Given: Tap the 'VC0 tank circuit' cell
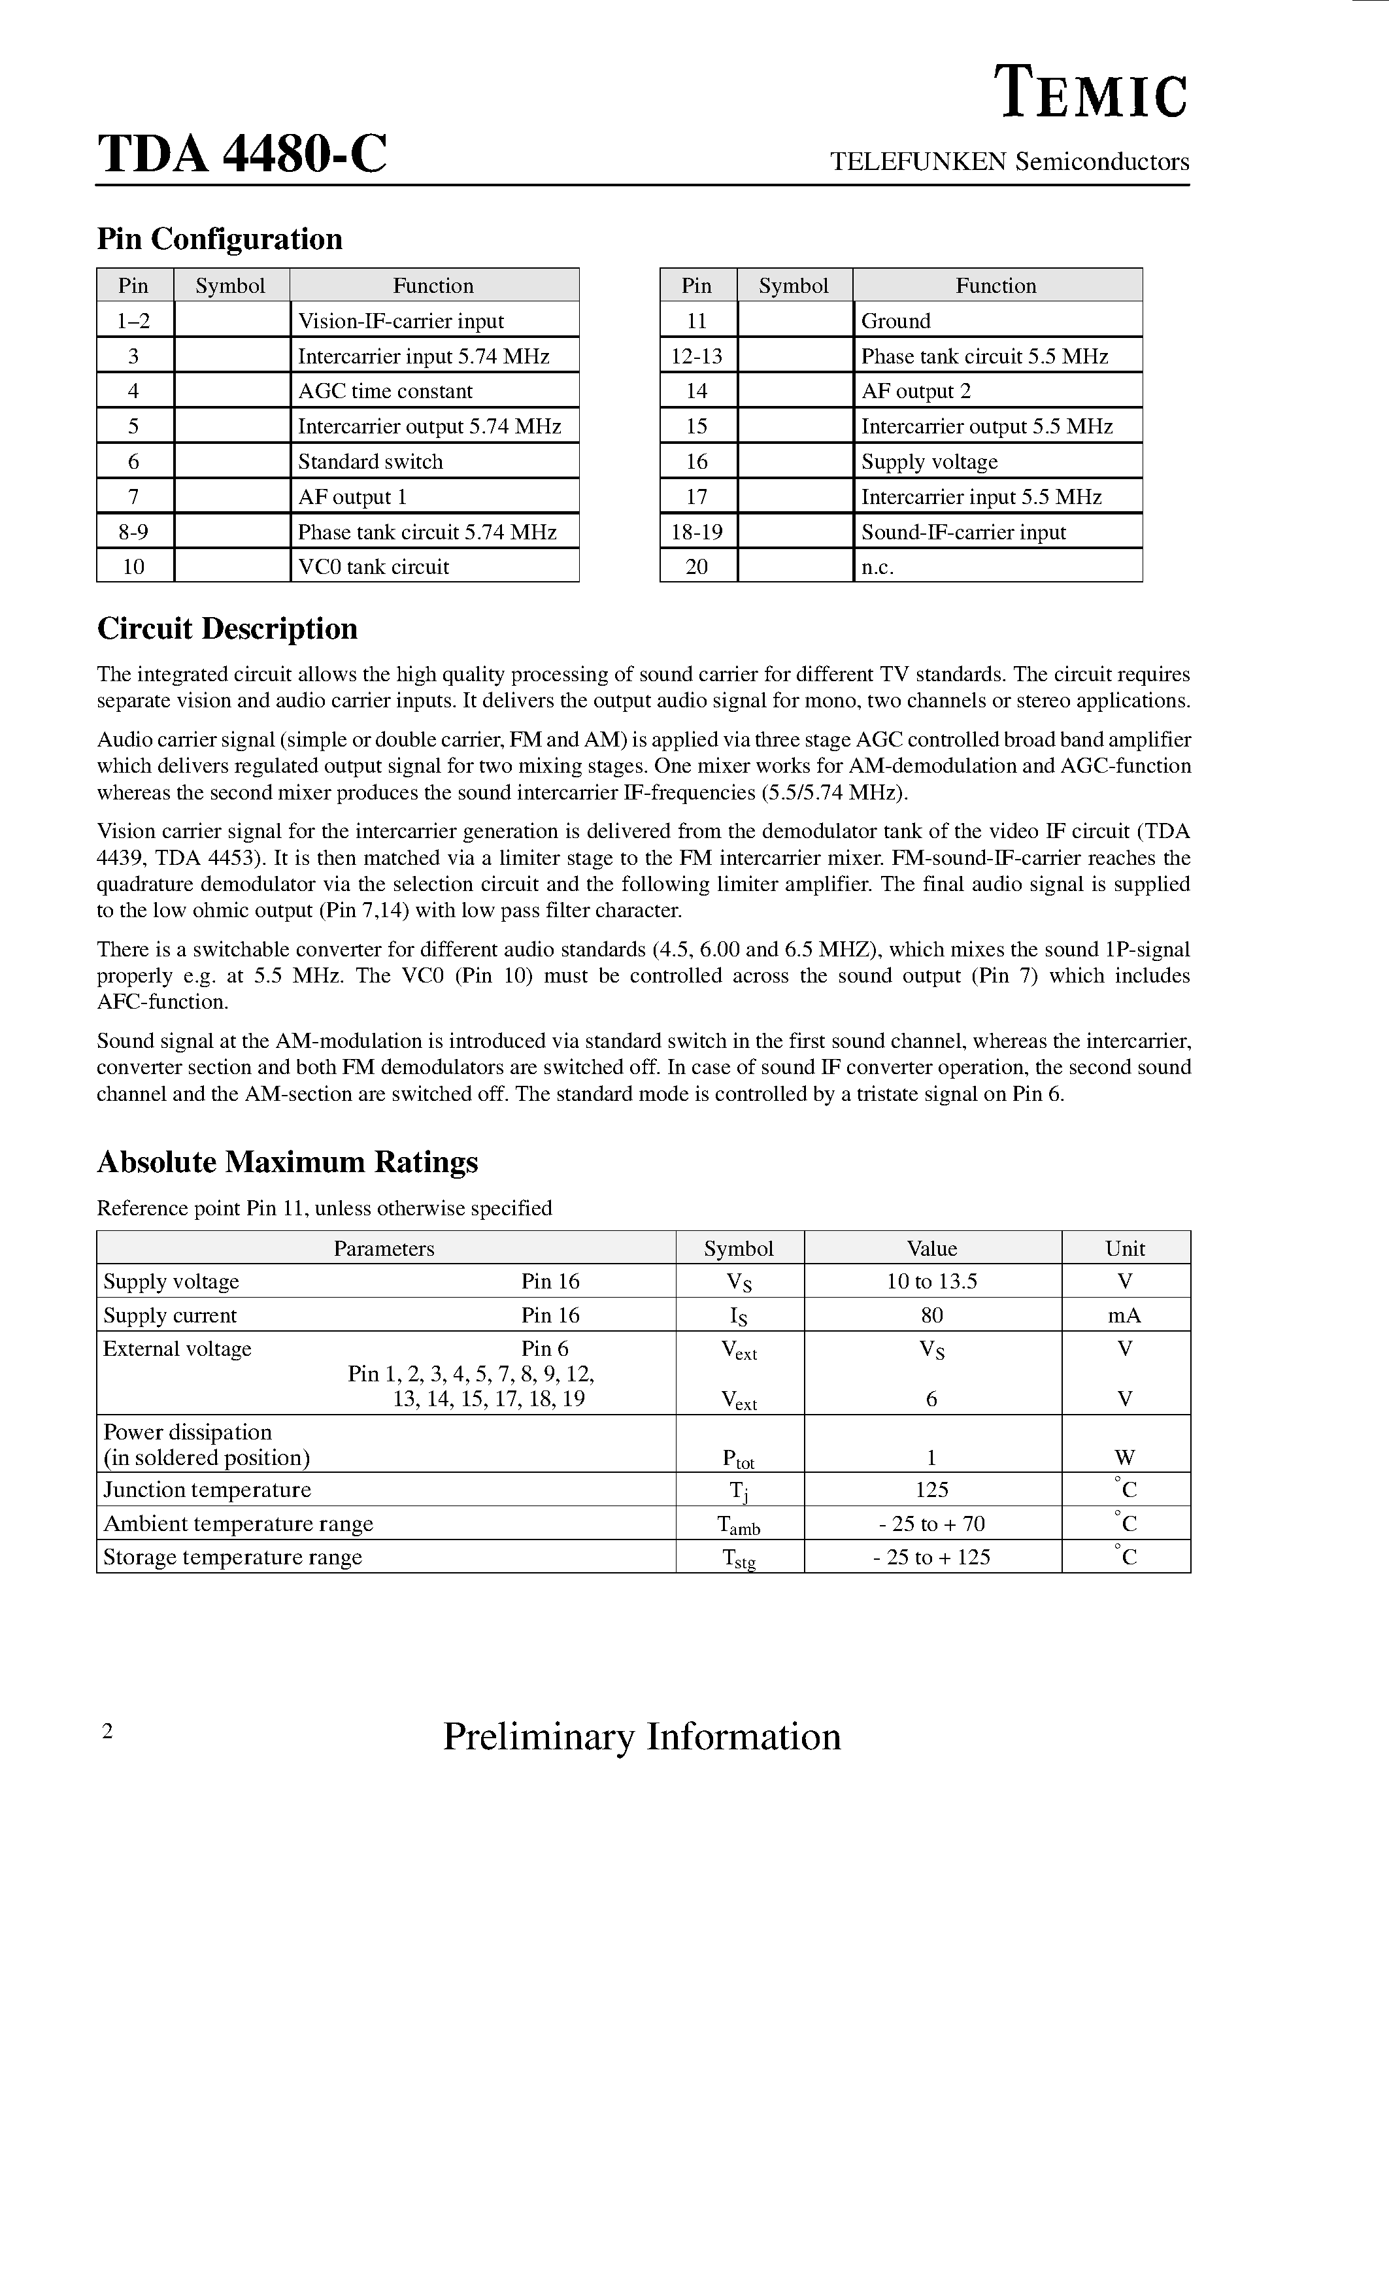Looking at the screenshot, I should point(373,566).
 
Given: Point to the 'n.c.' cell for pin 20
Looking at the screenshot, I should point(877,566).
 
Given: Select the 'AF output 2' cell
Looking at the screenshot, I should point(916,391).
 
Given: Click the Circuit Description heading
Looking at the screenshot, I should point(227,629).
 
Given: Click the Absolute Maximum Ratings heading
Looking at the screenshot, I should point(287,1162).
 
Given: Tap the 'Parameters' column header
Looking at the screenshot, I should point(384,1248).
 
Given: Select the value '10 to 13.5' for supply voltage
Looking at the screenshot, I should point(931,1281).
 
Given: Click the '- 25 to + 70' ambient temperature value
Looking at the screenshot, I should point(931,1524).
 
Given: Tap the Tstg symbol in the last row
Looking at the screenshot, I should point(738,1558).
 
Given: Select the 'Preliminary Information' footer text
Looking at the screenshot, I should point(642,1736).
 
